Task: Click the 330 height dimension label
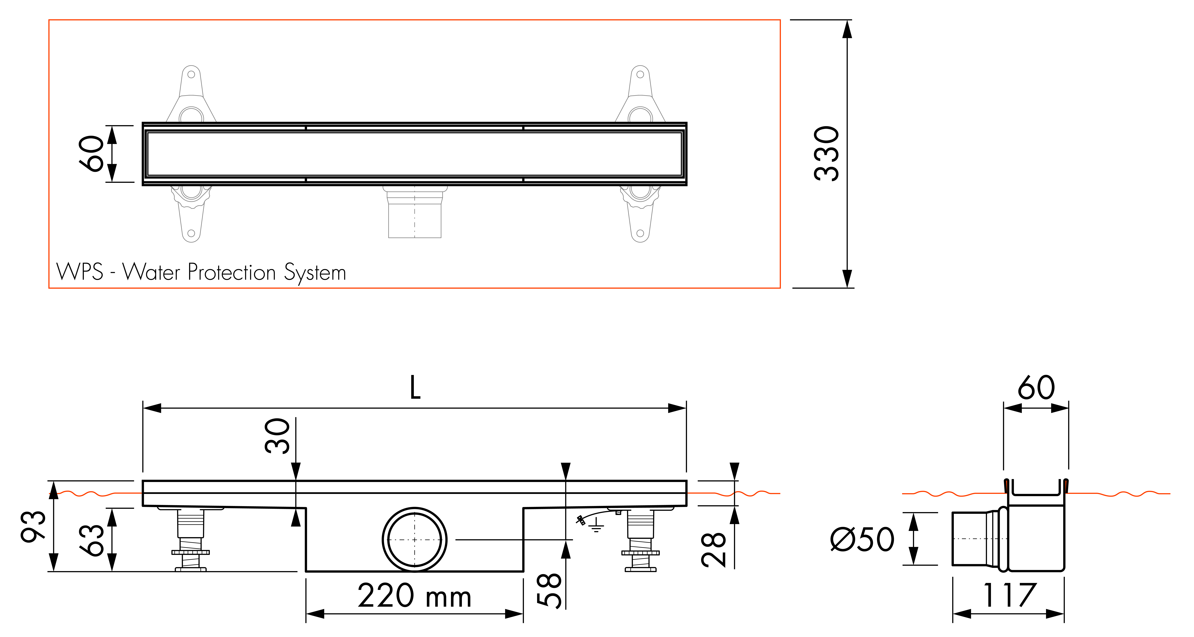click(x=826, y=154)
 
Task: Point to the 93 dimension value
click(x=33, y=527)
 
